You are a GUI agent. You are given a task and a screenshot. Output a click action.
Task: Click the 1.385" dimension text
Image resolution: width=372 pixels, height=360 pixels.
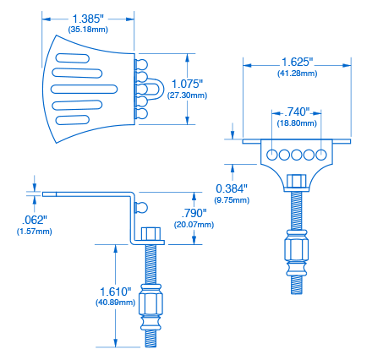coord(89,18)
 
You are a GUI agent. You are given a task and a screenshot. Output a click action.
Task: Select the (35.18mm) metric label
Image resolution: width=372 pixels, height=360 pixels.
coord(89,30)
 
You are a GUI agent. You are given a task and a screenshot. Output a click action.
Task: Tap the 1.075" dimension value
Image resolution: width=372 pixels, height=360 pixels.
coord(187,84)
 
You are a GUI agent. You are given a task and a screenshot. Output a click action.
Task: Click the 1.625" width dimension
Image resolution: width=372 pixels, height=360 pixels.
coord(297,63)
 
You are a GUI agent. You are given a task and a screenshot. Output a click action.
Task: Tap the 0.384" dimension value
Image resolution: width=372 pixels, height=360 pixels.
coord(232,188)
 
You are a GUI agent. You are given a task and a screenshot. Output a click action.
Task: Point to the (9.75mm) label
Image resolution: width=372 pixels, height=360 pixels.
coord(232,200)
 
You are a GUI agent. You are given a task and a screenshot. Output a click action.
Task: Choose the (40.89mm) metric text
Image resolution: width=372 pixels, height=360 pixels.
coord(115,302)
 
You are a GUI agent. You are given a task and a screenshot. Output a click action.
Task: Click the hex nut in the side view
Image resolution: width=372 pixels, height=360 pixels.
coord(151,232)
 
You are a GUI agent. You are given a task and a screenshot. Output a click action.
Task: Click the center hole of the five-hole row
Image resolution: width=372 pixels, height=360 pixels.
coord(297,155)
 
